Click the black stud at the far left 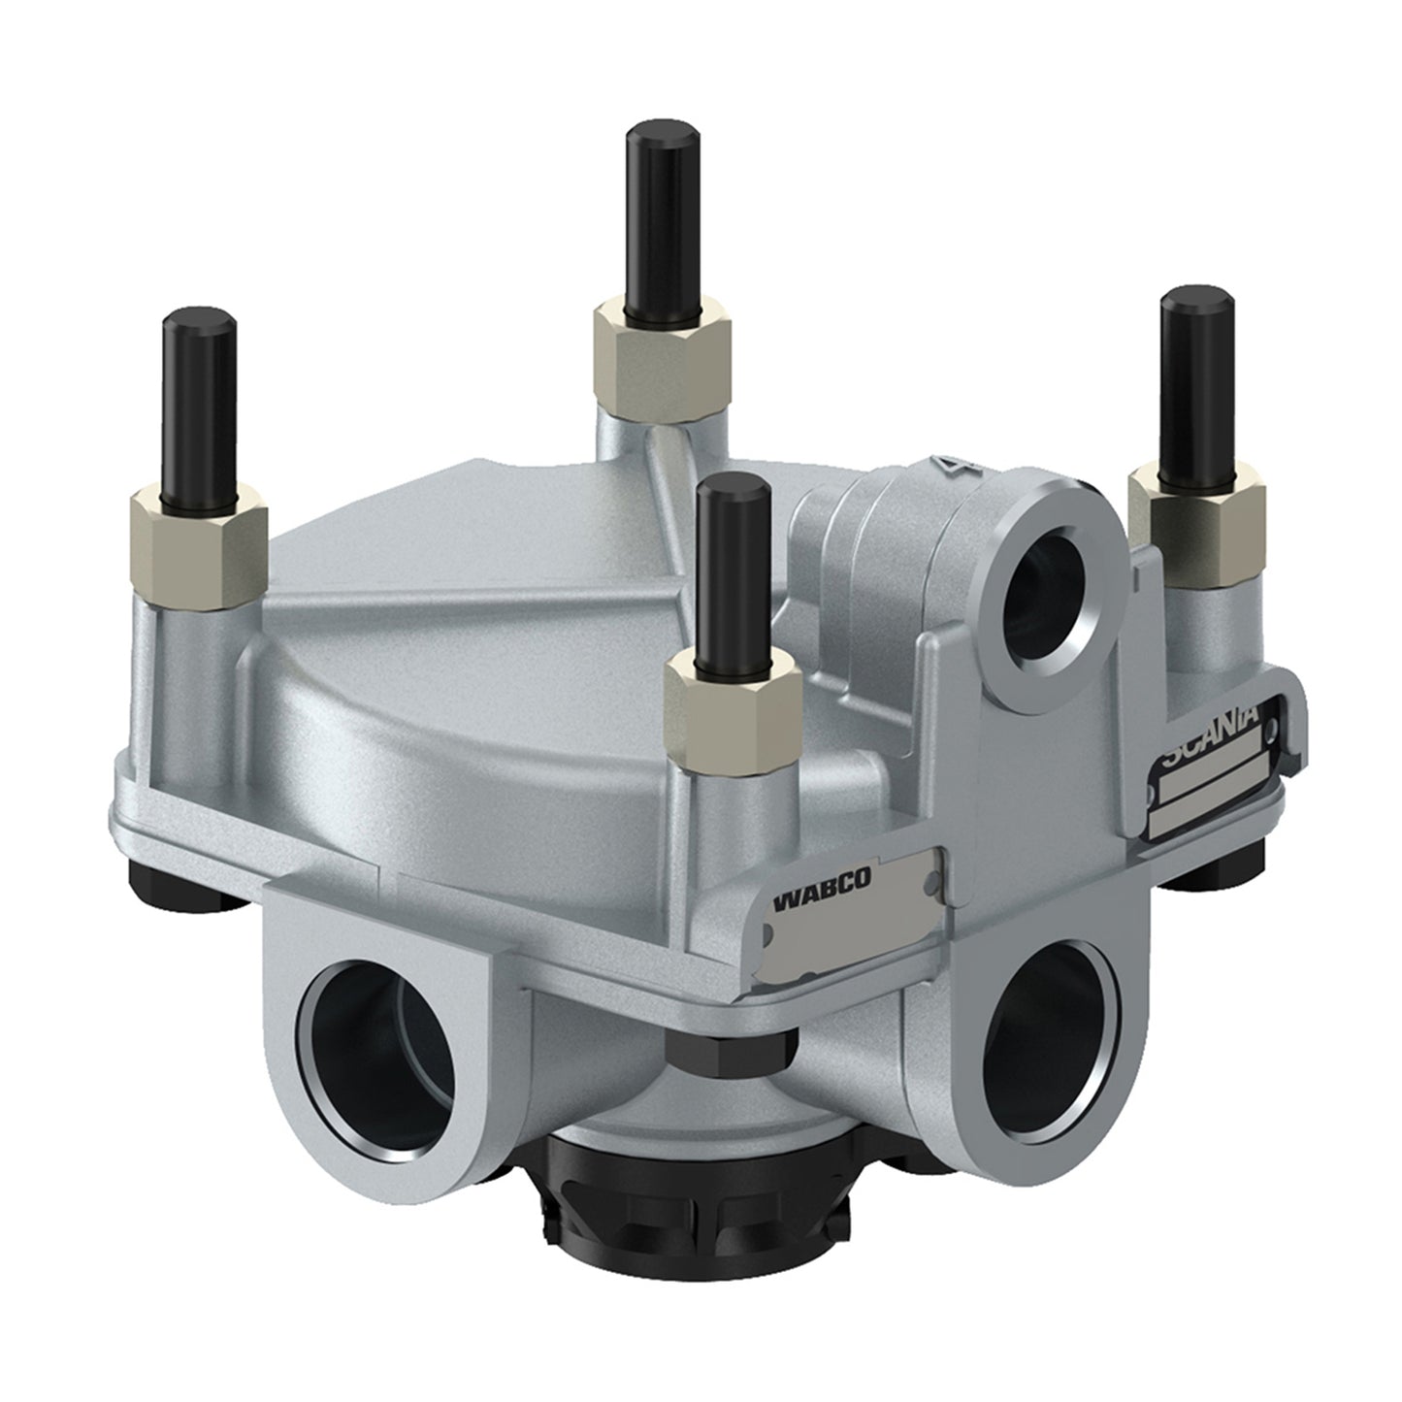[199, 409]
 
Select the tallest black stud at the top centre [662, 222]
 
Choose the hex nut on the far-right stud [1197, 522]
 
